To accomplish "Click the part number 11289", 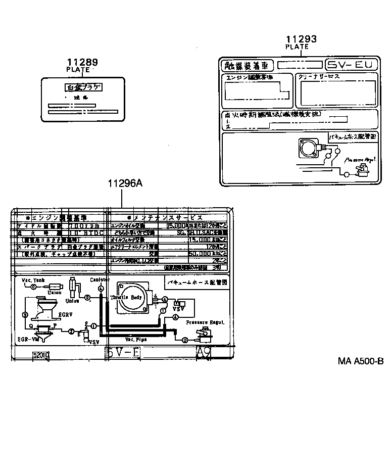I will coord(81,63).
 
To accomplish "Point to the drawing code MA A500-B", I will coord(361,361).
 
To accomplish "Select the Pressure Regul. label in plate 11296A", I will coord(205,322).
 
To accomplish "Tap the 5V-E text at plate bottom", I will coord(123,353).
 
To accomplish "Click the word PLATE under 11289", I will coord(78,70).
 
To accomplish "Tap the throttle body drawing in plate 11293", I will coord(307,150).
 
